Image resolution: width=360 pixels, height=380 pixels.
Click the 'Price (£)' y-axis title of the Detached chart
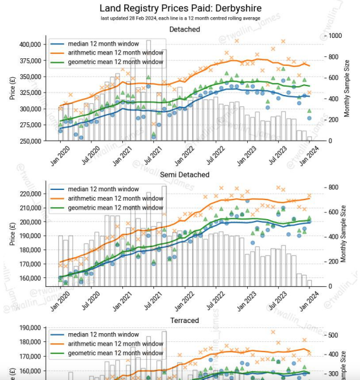(12, 89)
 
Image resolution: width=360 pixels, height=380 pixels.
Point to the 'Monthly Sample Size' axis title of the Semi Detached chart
(347, 236)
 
